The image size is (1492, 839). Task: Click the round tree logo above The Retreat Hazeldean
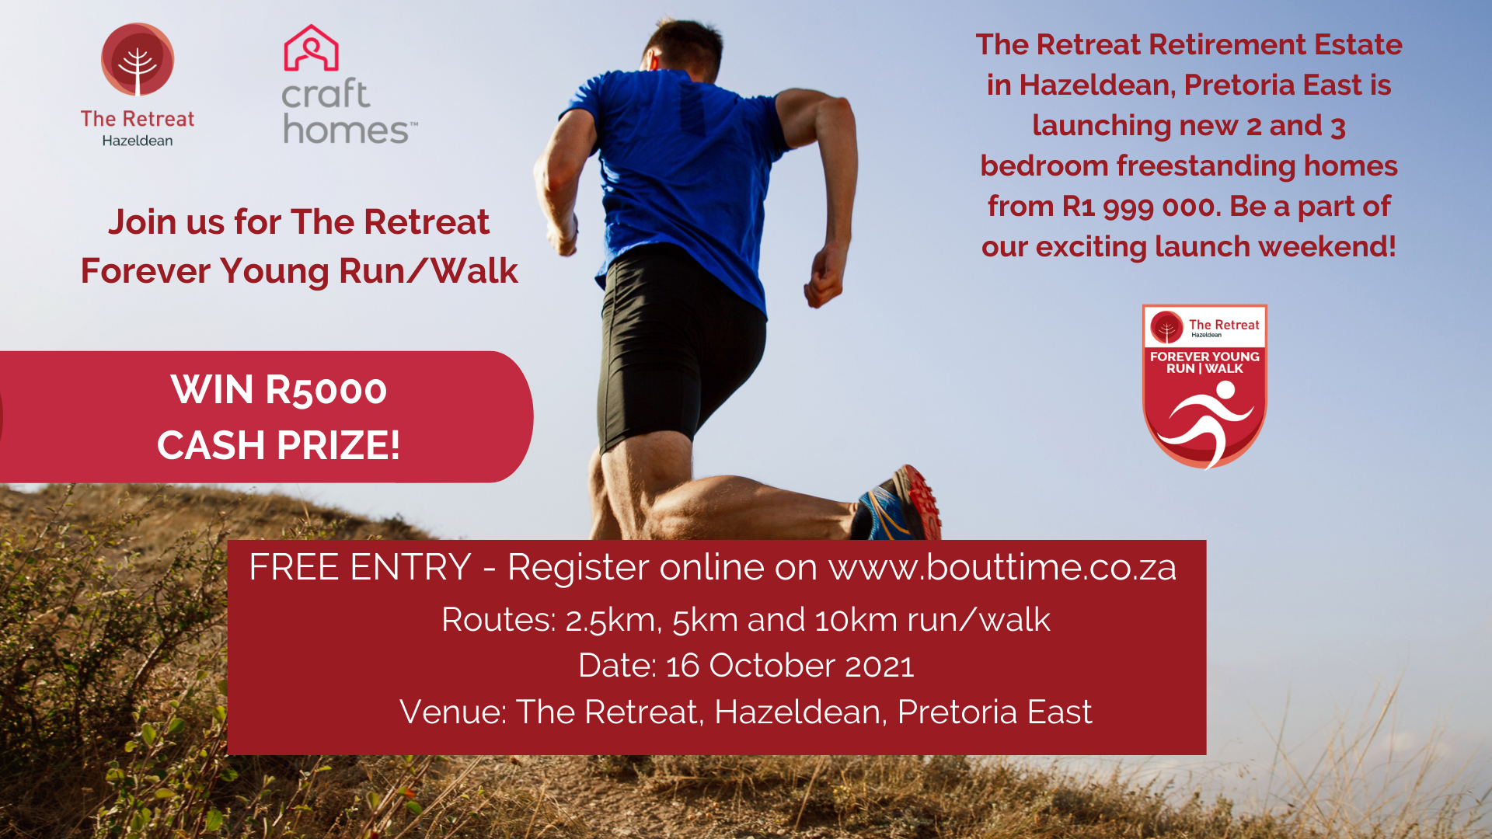click(x=138, y=61)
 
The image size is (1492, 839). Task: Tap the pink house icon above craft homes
click(x=311, y=48)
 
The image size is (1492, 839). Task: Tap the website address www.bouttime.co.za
click(x=1002, y=567)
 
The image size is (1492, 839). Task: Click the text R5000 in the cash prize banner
click(x=326, y=390)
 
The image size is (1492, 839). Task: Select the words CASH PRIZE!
click(x=278, y=445)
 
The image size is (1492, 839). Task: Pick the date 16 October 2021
click(x=790, y=666)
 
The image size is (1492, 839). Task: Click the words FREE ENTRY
click(x=360, y=567)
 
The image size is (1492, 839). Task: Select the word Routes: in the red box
click(x=498, y=620)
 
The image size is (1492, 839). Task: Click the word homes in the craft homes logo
click(x=347, y=130)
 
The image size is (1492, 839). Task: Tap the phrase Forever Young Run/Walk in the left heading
click(x=299, y=271)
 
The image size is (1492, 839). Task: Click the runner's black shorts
click(x=676, y=350)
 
